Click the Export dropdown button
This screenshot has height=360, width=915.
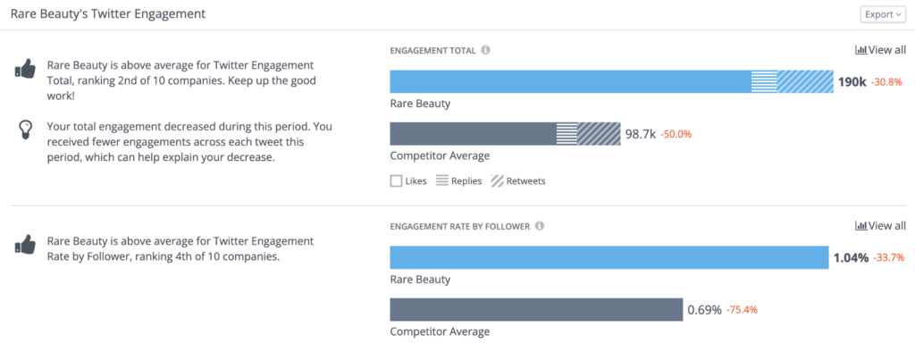(x=883, y=14)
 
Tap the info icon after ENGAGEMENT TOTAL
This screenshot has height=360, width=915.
(x=485, y=50)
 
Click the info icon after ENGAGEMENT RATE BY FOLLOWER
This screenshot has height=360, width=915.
(x=540, y=226)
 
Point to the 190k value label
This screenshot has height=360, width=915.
(x=852, y=82)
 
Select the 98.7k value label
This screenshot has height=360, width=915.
(x=640, y=134)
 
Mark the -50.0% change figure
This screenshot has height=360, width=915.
(x=676, y=134)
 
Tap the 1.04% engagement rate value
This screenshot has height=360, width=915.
(x=850, y=258)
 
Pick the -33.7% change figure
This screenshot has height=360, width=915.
(x=888, y=258)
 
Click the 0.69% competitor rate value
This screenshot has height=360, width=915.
(x=704, y=310)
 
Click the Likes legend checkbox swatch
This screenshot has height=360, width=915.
(x=396, y=180)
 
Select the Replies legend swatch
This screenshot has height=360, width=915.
(x=441, y=180)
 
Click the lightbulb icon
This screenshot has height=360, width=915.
(x=26, y=130)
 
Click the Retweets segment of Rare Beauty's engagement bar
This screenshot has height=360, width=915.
(x=805, y=81)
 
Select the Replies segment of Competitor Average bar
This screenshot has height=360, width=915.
(x=567, y=134)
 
